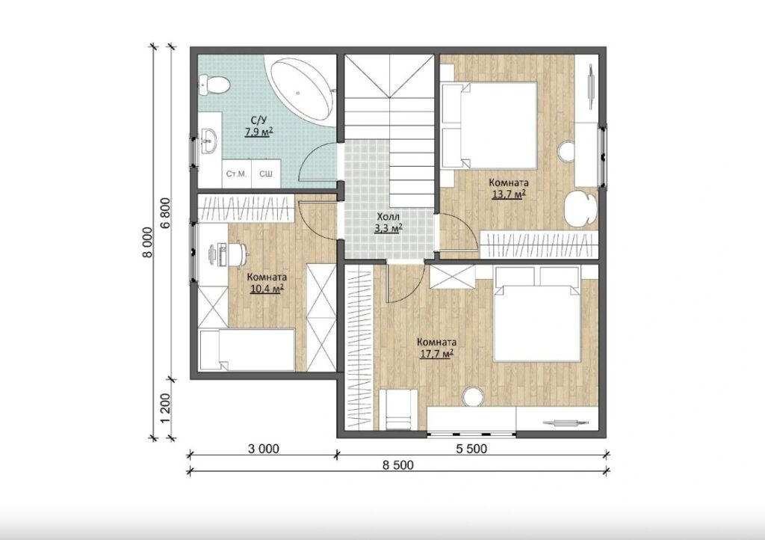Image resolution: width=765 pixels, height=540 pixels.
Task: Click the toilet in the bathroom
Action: tap(213, 85)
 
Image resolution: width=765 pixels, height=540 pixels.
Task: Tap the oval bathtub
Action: tap(300, 89)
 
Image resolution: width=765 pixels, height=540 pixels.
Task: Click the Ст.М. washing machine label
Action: tap(236, 174)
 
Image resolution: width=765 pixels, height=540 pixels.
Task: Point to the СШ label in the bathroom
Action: tap(265, 174)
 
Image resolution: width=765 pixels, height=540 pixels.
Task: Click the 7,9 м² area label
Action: tap(258, 132)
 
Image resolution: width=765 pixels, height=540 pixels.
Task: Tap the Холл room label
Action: tap(388, 216)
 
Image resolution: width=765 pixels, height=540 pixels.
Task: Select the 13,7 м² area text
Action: tap(508, 194)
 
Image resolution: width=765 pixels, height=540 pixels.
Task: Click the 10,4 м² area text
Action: tap(267, 289)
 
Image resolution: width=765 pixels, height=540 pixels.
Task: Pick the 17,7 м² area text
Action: tap(436, 354)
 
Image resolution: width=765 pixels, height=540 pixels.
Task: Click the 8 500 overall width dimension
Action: tap(397, 464)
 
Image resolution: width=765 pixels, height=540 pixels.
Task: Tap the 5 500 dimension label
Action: tap(471, 449)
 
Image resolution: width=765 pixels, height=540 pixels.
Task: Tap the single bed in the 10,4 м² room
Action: tap(247, 350)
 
